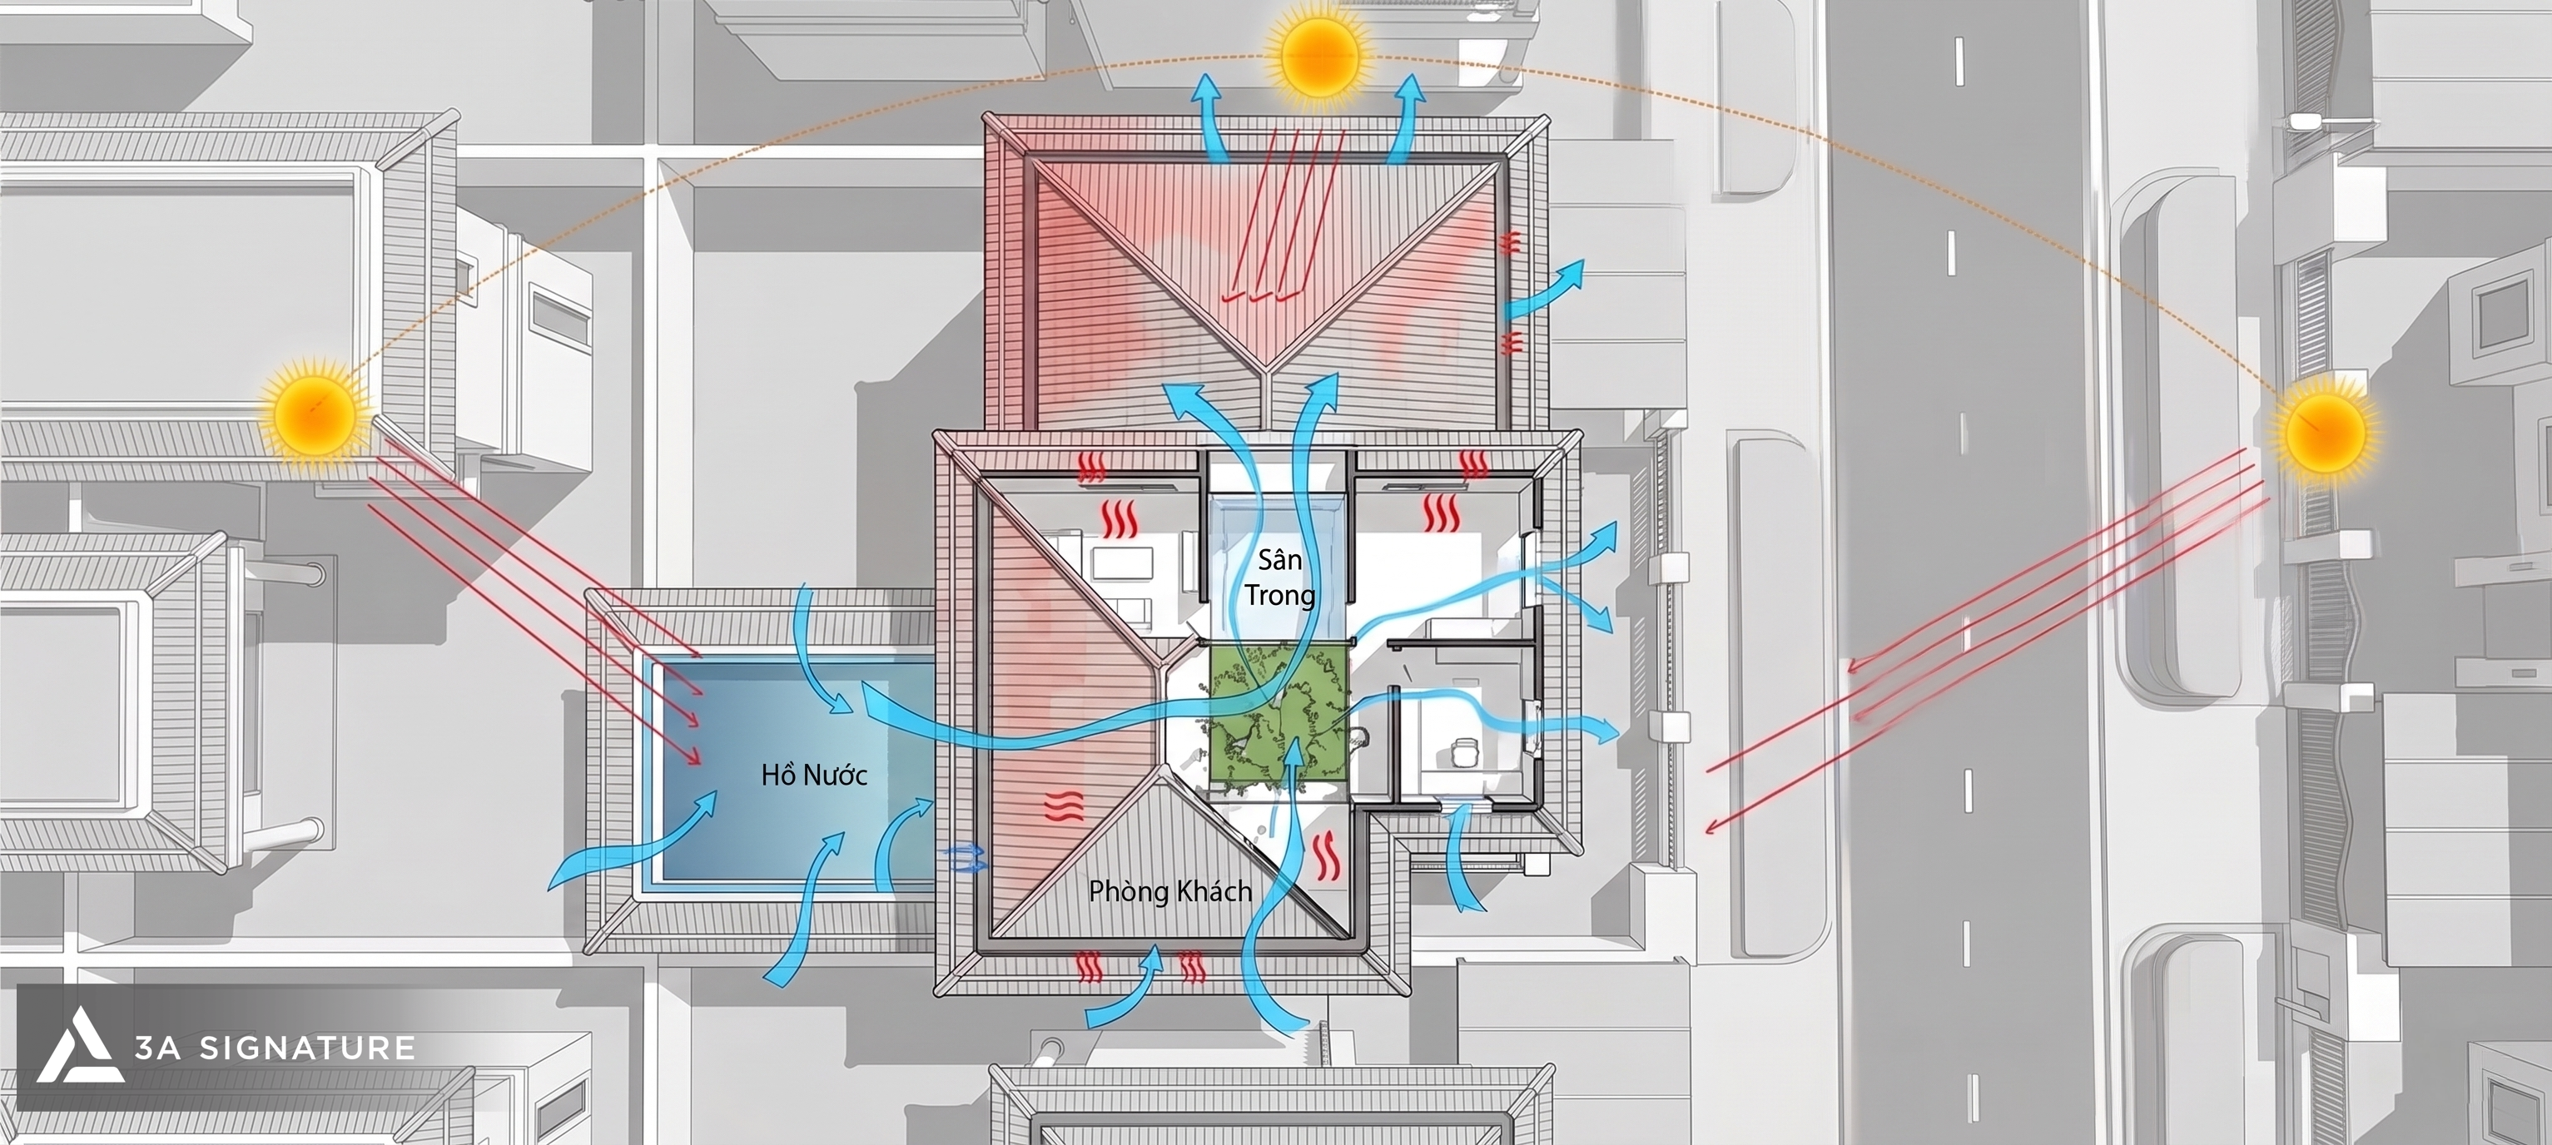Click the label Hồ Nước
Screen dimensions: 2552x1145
(814, 775)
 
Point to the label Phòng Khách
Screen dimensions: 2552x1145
(1170, 891)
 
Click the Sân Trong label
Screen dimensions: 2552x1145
(1280, 577)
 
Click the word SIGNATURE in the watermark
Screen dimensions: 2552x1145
(307, 1048)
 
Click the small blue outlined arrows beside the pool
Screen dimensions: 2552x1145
(966, 858)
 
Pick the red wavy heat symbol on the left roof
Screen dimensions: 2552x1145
(1062, 808)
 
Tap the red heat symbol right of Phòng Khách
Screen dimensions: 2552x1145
(1328, 858)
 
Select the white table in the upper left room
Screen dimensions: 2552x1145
(1123, 564)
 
